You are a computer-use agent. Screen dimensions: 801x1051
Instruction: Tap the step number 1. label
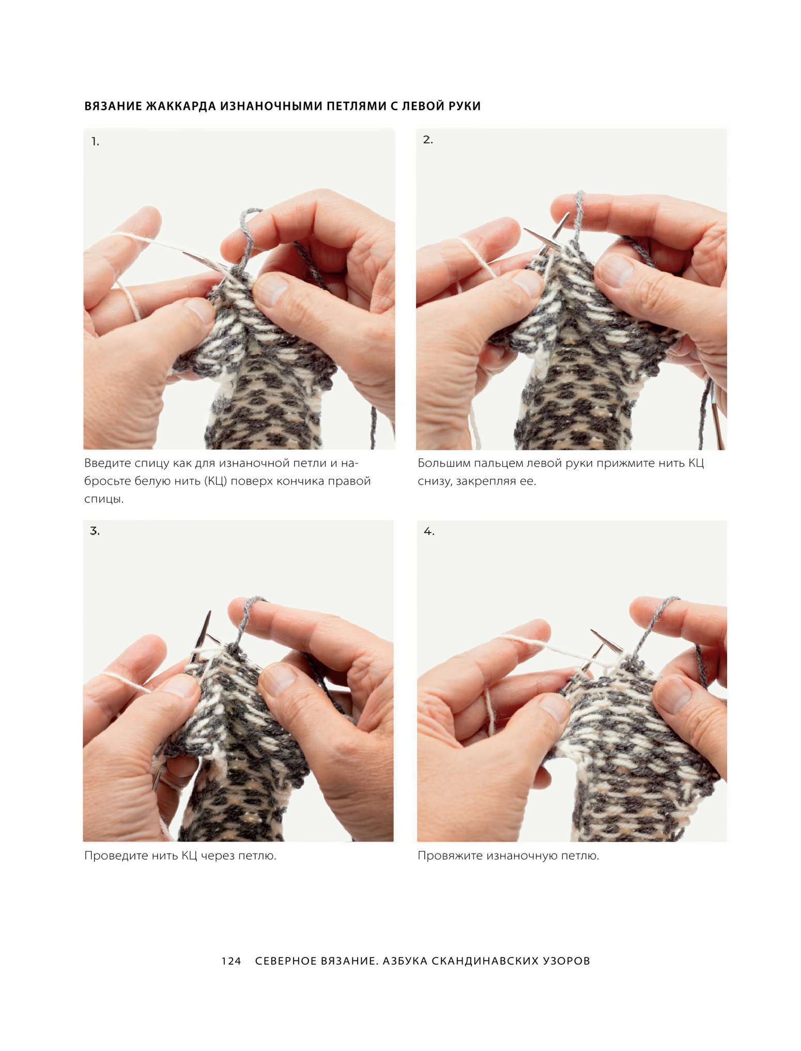pos(95,142)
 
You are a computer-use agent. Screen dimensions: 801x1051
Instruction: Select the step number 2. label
pos(428,140)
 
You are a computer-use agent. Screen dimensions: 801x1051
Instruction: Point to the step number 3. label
pos(95,531)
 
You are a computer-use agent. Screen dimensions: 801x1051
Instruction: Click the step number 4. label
pos(429,531)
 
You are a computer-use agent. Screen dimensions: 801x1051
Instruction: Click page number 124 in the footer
pos(231,961)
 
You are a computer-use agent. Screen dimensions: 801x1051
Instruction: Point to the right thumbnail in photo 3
pos(279,678)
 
